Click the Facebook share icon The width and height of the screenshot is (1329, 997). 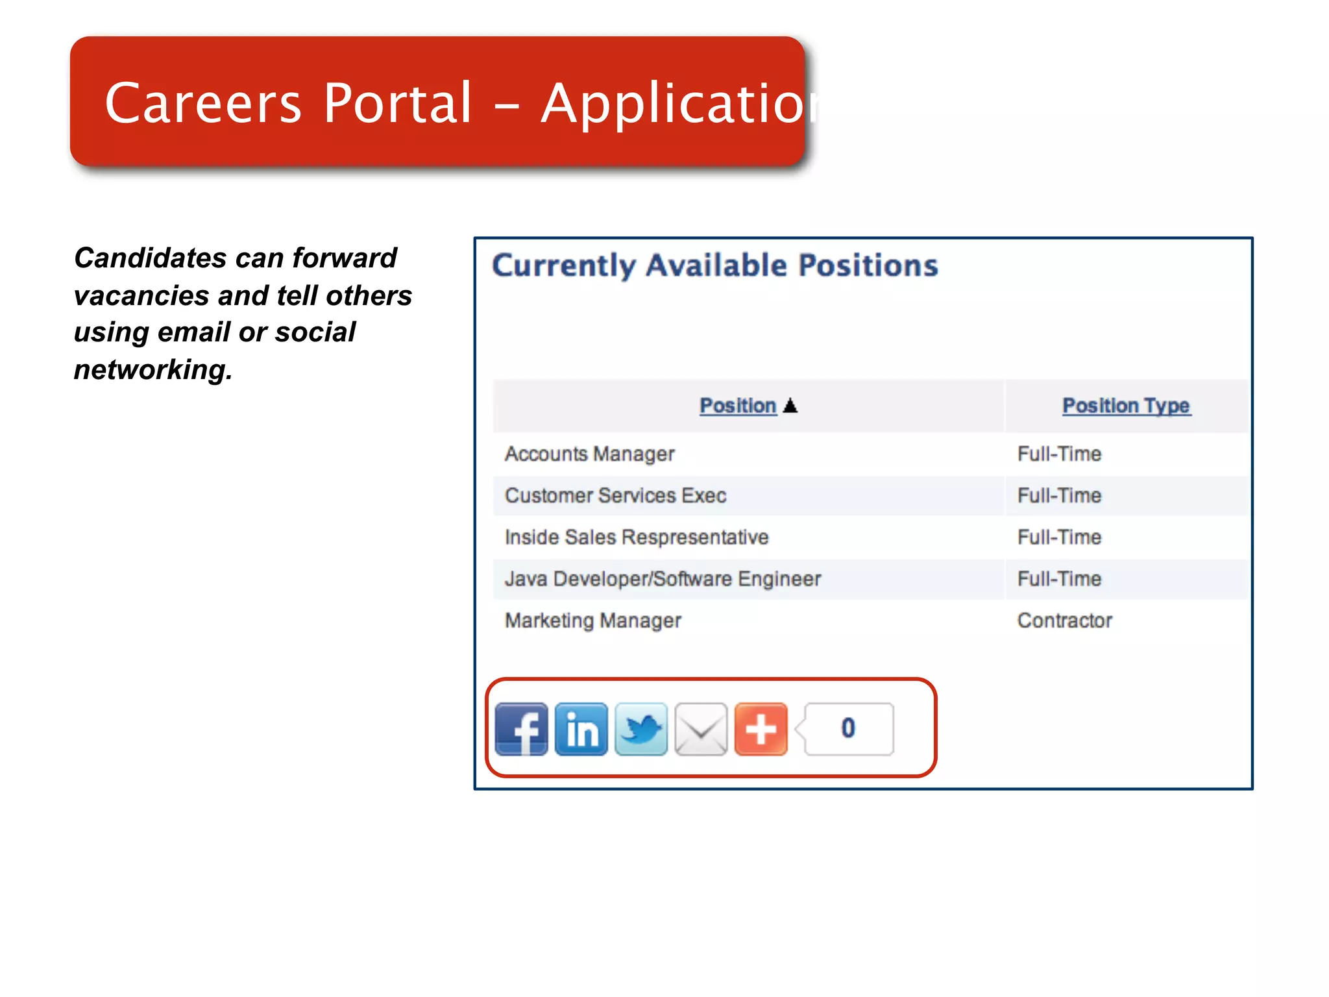pyautogui.click(x=521, y=729)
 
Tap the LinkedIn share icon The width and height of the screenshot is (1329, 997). pyautogui.click(x=581, y=729)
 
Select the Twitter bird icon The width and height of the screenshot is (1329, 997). pyautogui.click(x=641, y=729)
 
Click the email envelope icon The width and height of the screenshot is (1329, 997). pyautogui.click(x=701, y=729)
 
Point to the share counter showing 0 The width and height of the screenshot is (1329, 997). pyautogui.click(x=848, y=728)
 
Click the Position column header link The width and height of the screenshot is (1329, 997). pyautogui.click(x=738, y=406)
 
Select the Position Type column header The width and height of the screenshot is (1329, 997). pyautogui.click(x=1126, y=406)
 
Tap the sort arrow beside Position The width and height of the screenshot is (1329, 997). pyautogui.click(x=790, y=406)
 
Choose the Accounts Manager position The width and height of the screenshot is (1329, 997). pyautogui.click(x=590, y=454)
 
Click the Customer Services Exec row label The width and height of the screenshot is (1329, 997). pyautogui.click(x=615, y=495)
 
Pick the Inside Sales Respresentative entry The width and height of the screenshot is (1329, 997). pyautogui.click(x=637, y=537)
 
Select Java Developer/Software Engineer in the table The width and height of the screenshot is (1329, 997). pyautogui.click(x=663, y=578)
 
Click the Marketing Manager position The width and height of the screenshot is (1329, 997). pyautogui.click(x=593, y=621)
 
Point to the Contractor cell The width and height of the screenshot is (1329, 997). pyautogui.click(x=1064, y=621)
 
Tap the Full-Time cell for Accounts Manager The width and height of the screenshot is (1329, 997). pyautogui.click(x=1059, y=454)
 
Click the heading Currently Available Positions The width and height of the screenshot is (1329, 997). pyautogui.click(x=715, y=265)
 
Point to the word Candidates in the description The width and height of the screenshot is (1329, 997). pyautogui.click(x=136, y=258)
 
